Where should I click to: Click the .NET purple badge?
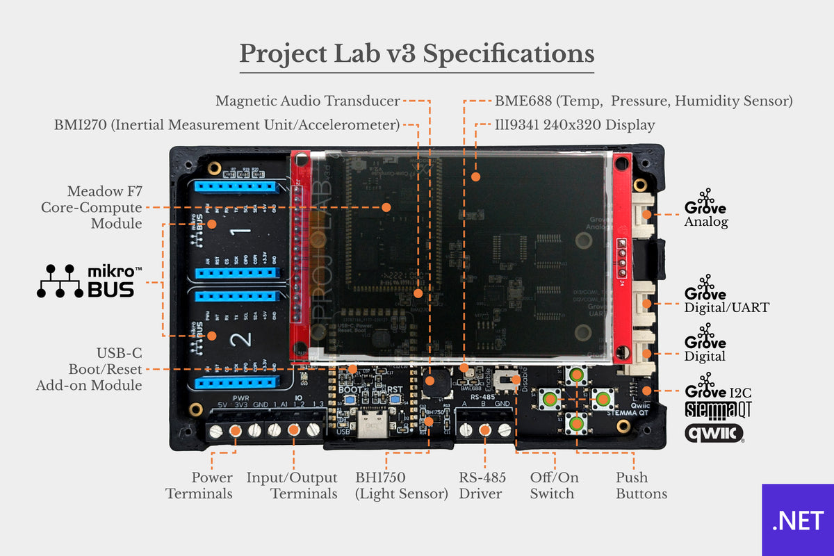798,520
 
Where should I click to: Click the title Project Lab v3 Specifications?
417,54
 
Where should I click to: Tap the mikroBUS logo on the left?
88,281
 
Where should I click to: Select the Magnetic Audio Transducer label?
307,101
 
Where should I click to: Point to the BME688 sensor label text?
644,101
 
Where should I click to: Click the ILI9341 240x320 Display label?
575,125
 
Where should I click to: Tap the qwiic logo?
714,434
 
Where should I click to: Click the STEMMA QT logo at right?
718,409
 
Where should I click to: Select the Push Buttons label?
641,485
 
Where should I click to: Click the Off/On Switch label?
554,485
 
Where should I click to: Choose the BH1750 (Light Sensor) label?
401,485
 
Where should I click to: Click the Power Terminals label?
199,485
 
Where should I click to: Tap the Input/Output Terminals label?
292,485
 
